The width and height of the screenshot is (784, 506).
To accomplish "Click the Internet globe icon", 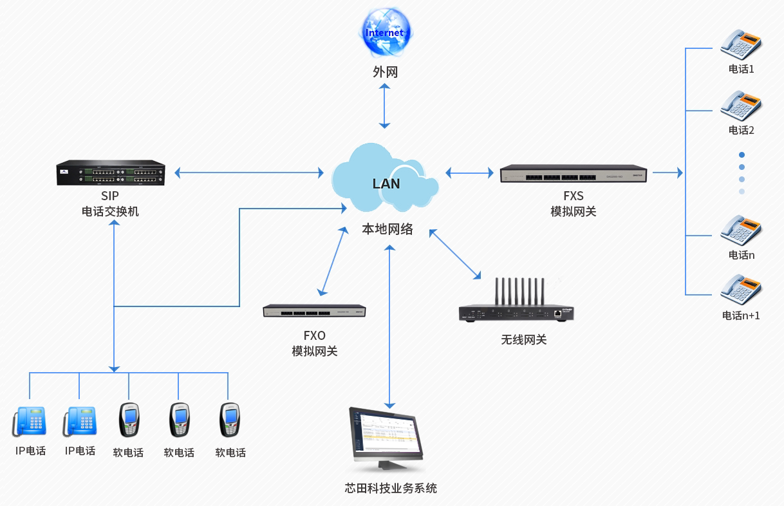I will [385, 32].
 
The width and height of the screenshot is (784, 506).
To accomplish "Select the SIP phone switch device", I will [110, 173].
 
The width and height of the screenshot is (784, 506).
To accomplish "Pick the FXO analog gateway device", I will [314, 311].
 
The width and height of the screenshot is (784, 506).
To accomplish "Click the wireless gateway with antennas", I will [516, 305].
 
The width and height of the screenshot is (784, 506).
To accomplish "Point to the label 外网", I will [385, 72].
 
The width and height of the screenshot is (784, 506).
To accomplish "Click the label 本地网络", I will [387, 229].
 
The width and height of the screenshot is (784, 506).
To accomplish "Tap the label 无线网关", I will [523, 339].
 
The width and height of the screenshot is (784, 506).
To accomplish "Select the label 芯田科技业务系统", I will [391, 488].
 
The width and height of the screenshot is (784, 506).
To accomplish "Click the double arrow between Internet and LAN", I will [385, 105].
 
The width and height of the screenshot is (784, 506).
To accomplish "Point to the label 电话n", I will [741, 255].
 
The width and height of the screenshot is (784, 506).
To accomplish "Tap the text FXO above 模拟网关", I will [314, 335].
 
